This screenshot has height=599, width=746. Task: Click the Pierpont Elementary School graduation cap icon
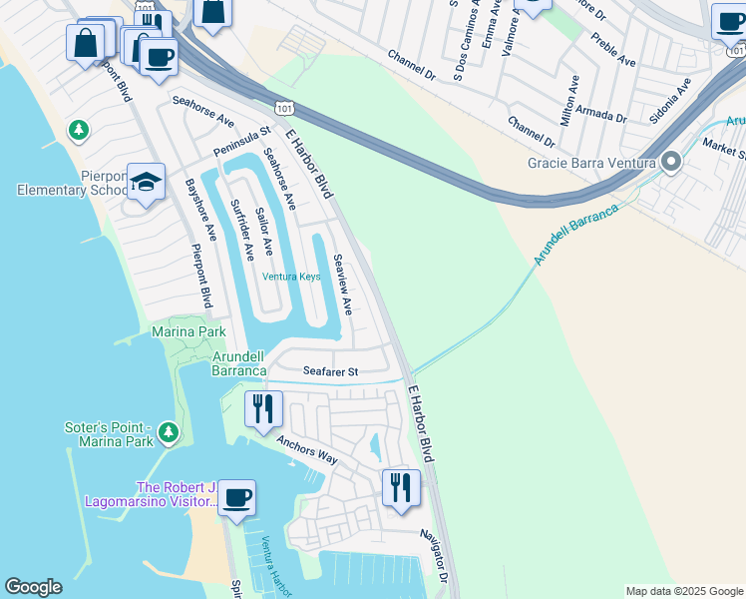pyautogui.click(x=147, y=183)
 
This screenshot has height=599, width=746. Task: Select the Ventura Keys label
pyautogui.click(x=291, y=277)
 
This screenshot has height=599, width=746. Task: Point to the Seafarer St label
pyautogui.click(x=330, y=371)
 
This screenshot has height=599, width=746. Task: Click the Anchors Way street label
pyautogui.click(x=307, y=451)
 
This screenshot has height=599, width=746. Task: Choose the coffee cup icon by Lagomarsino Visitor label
pyautogui.click(x=236, y=498)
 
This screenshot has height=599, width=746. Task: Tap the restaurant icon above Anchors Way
pyautogui.click(x=263, y=408)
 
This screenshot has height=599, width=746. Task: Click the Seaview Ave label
pyautogui.click(x=342, y=285)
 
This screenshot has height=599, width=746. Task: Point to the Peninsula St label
pyautogui.click(x=242, y=142)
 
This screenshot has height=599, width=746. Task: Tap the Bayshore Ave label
pyautogui.click(x=201, y=210)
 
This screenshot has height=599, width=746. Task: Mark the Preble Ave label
pyautogui.click(x=613, y=49)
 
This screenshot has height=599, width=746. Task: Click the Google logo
pyautogui.click(x=33, y=587)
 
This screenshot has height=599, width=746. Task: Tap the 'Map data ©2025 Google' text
pyautogui.click(x=684, y=591)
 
